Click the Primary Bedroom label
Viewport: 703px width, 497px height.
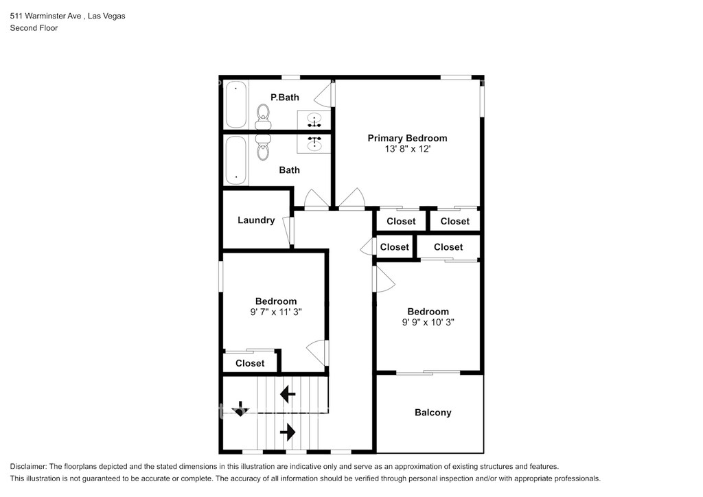[x=407, y=138]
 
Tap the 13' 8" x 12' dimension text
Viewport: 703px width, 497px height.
[x=407, y=149]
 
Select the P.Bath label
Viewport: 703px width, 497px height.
[x=285, y=97]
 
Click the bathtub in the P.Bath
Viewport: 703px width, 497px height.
[x=236, y=104]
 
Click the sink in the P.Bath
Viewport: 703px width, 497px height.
[x=314, y=120]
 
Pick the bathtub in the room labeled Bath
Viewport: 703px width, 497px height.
[x=236, y=160]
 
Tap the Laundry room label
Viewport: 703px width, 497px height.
[x=256, y=220]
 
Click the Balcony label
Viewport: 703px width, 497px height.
[x=433, y=413]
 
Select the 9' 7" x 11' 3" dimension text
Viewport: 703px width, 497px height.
[x=276, y=312]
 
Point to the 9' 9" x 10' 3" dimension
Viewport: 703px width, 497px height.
[x=428, y=322]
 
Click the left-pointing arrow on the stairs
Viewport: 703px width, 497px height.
[x=288, y=395]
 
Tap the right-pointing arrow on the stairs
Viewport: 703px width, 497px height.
[x=288, y=432]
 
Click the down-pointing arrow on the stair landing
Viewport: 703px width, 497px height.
[x=240, y=408]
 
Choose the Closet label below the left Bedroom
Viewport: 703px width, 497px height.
[x=250, y=363]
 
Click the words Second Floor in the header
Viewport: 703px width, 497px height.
[x=34, y=27]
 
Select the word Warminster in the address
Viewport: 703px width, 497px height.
[x=53, y=16]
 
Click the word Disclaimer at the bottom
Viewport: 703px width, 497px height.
[x=27, y=467]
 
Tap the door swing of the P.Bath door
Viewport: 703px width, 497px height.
[x=323, y=95]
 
